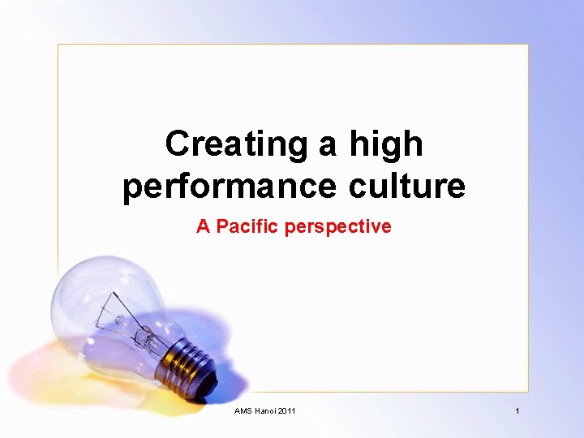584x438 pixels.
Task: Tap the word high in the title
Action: point(385,144)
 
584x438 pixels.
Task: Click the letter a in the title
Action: point(328,146)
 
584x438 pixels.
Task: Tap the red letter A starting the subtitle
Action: point(203,226)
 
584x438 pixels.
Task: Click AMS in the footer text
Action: point(243,411)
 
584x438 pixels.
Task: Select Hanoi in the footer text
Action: point(265,411)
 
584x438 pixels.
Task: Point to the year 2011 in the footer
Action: point(286,411)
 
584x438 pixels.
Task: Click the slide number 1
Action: point(517,411)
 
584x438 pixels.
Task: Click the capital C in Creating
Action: point(176,144)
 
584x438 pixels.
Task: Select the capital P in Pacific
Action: point(221,226)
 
